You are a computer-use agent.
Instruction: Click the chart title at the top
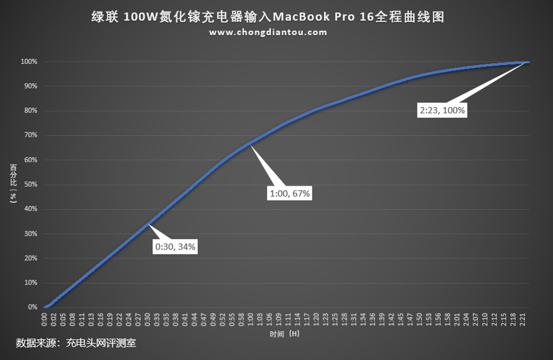point(268,18)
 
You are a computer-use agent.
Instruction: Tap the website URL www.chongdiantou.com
point(268,32)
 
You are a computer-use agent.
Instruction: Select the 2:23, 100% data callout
point(442,111)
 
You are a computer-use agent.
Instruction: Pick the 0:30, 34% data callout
point(176,247)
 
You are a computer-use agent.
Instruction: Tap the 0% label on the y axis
point(33,307)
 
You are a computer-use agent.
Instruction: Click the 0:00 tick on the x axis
point(44,319)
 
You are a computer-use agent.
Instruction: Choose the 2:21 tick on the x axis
point(523,319)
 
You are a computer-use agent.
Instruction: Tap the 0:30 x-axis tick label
point(147,319)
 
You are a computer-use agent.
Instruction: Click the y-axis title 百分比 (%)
point(13,183)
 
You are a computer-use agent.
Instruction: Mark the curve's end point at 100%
point(528,62)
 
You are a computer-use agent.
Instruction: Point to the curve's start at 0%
point(45,307)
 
